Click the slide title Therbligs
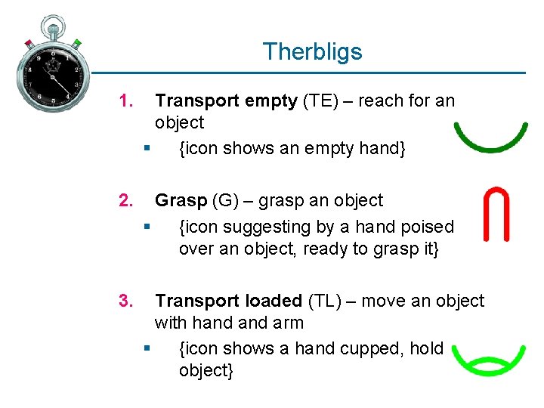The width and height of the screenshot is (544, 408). point(312,52)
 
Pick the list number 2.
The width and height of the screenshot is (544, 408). point(126,201)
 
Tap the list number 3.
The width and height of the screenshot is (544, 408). point(126,301)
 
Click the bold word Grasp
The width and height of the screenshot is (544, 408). point(181,201)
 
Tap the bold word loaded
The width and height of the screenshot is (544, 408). point(270,301)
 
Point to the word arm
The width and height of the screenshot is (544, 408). point(289,323)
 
